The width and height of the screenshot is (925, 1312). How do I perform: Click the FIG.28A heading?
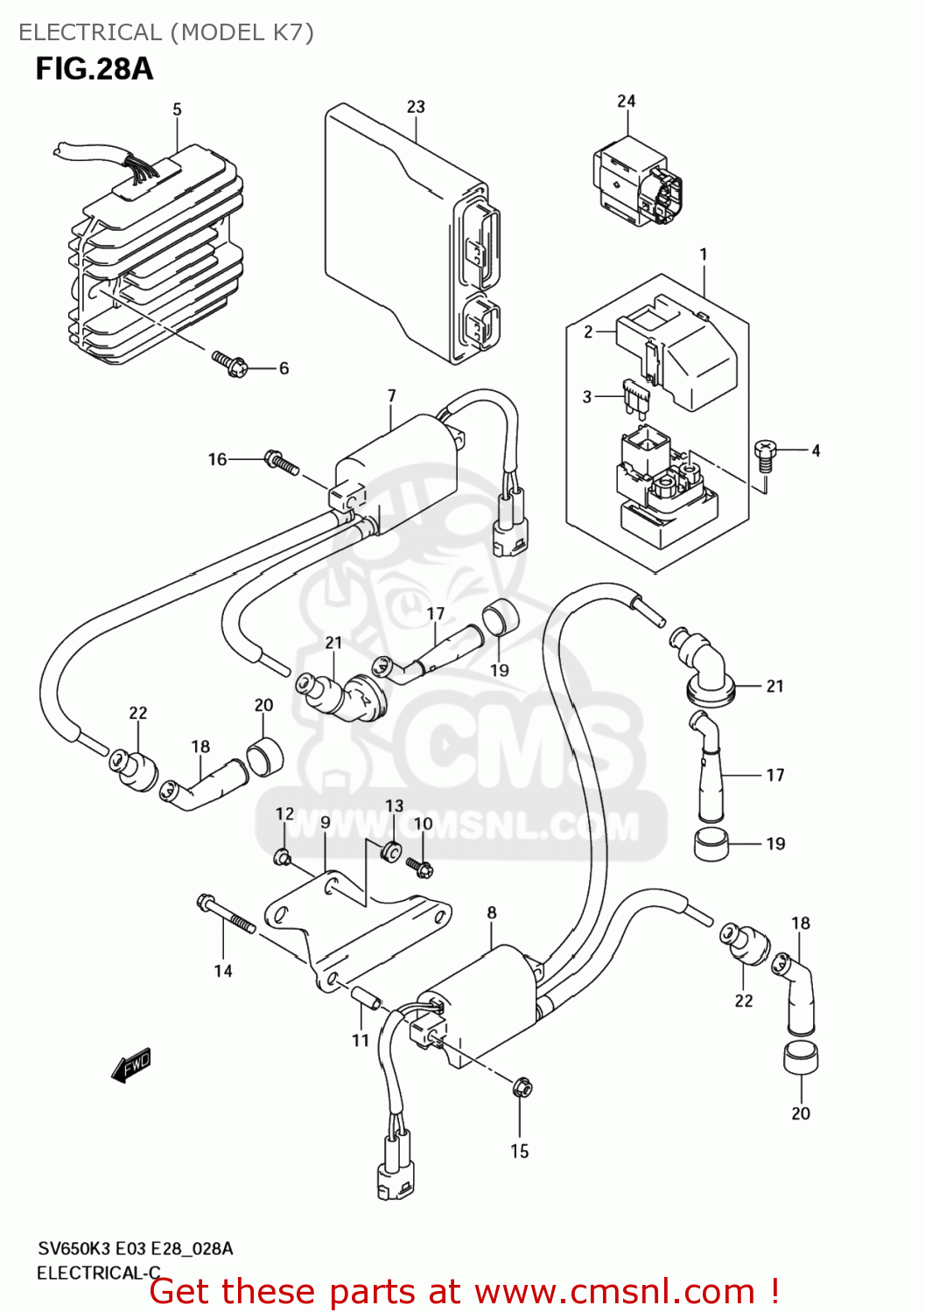[x=95, y=68]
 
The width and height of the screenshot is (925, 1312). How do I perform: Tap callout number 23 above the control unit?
[x=416, y=107]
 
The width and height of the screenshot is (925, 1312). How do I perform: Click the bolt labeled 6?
[x=230, y=363]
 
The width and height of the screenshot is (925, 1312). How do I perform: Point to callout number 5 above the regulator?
[x=177, y=109]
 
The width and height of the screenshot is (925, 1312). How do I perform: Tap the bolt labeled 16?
[x=282, y=461]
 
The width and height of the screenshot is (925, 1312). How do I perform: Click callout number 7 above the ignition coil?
[x=392, y=395]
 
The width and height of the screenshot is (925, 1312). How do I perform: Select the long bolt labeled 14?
[x=226, y=914]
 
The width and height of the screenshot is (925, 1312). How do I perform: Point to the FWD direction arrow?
[x=132, y=1064]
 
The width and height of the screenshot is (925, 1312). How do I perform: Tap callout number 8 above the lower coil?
[x=492, y=912]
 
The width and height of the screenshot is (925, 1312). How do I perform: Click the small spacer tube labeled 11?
[x=366, y=998]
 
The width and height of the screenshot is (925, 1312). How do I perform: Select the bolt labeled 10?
[x=420, y=866]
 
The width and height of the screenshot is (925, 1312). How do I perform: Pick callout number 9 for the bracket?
[x=326, y=822]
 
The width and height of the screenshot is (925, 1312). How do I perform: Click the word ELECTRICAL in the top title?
[x=90, y=32]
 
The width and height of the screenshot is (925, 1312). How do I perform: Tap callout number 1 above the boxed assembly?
[x=704, y=255]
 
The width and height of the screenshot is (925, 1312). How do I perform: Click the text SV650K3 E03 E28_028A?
[x=135, y=1248]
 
